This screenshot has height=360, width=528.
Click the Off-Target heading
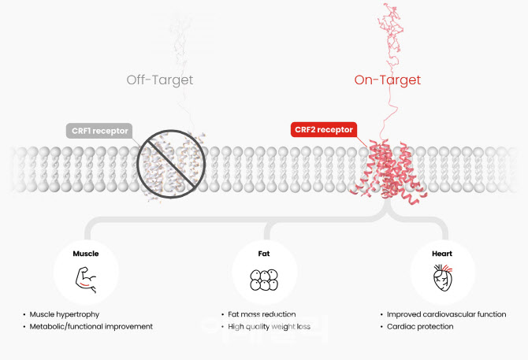click(x=160, y=80)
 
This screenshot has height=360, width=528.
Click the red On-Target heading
click(x=387, y=80)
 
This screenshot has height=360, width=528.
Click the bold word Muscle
click(x=86, y=254)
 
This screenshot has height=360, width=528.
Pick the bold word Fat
click(x=263, y=254)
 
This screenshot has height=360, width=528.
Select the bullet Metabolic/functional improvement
click(x=90, y=326)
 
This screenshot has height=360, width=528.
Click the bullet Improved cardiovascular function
click(x=445, y=314)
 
